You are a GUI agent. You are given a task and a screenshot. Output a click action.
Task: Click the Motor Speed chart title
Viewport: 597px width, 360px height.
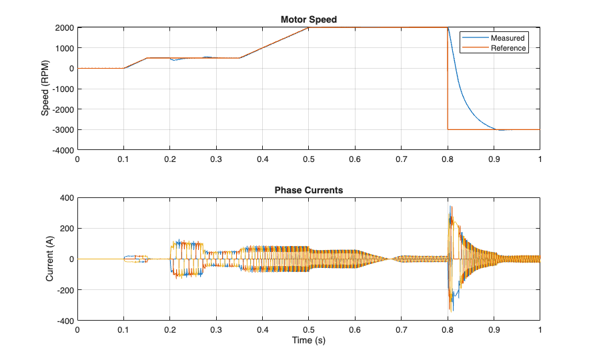click(308, 19)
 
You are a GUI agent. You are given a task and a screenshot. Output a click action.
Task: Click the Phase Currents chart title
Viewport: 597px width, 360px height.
click(308, 190)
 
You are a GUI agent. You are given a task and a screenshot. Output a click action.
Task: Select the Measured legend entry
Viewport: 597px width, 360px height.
click(508, 38)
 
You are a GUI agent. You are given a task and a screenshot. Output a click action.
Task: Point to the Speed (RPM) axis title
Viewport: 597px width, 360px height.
click(45, 89)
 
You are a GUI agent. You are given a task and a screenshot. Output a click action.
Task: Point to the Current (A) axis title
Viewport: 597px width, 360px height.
click(49, 259)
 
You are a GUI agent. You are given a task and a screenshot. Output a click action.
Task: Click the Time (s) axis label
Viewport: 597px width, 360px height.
click(308, 341)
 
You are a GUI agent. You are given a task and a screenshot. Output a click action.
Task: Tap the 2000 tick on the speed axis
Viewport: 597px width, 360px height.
click(63, 27)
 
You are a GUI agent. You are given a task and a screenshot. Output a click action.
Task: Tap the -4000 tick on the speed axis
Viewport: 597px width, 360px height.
click(62, 151)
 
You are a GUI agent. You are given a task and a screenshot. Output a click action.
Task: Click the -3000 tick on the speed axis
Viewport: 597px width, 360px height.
click(62, 130)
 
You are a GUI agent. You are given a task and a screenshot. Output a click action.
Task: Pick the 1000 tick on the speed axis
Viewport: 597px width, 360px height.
click(63, 48)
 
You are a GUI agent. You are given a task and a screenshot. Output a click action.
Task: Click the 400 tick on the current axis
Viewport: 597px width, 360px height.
click(66, 198)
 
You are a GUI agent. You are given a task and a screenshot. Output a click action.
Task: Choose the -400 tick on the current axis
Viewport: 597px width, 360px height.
click(64, 321)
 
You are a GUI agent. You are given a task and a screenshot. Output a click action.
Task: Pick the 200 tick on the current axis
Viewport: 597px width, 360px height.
click(66, 229)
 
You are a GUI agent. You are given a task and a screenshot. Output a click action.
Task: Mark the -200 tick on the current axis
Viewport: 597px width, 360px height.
click(64, 290)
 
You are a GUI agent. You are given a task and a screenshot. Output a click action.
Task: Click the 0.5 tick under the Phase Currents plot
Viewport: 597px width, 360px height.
click(308, 329)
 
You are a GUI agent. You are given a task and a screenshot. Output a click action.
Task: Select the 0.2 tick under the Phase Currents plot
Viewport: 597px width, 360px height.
click(169, 329)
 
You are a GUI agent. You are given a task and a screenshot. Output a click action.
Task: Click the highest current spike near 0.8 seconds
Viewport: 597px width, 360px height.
click(450, 207)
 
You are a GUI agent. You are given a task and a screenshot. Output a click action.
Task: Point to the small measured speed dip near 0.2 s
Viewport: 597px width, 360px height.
click(174, 60)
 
